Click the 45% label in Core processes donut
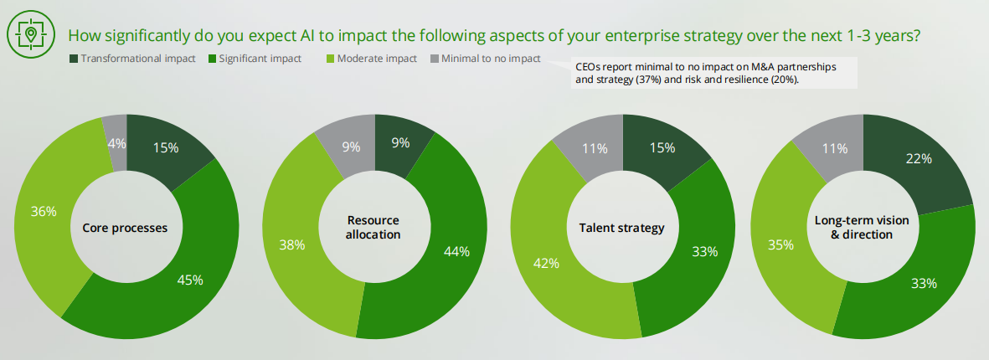click(x=190, y=280)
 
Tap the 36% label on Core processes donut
click(x=44, y=212)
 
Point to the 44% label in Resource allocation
click(x=457, y=250)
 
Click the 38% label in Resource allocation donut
click(x=291, y=246)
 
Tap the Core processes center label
click(x=125, y=228)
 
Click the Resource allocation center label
click(x=373, y=227)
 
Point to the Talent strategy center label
click(x=621, y=228)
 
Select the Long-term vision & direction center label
click(x=863, y=228)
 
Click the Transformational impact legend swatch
click(x=74, y=59)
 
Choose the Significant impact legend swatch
click(x=212, y=59)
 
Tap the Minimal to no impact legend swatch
click(x=434, y=59)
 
